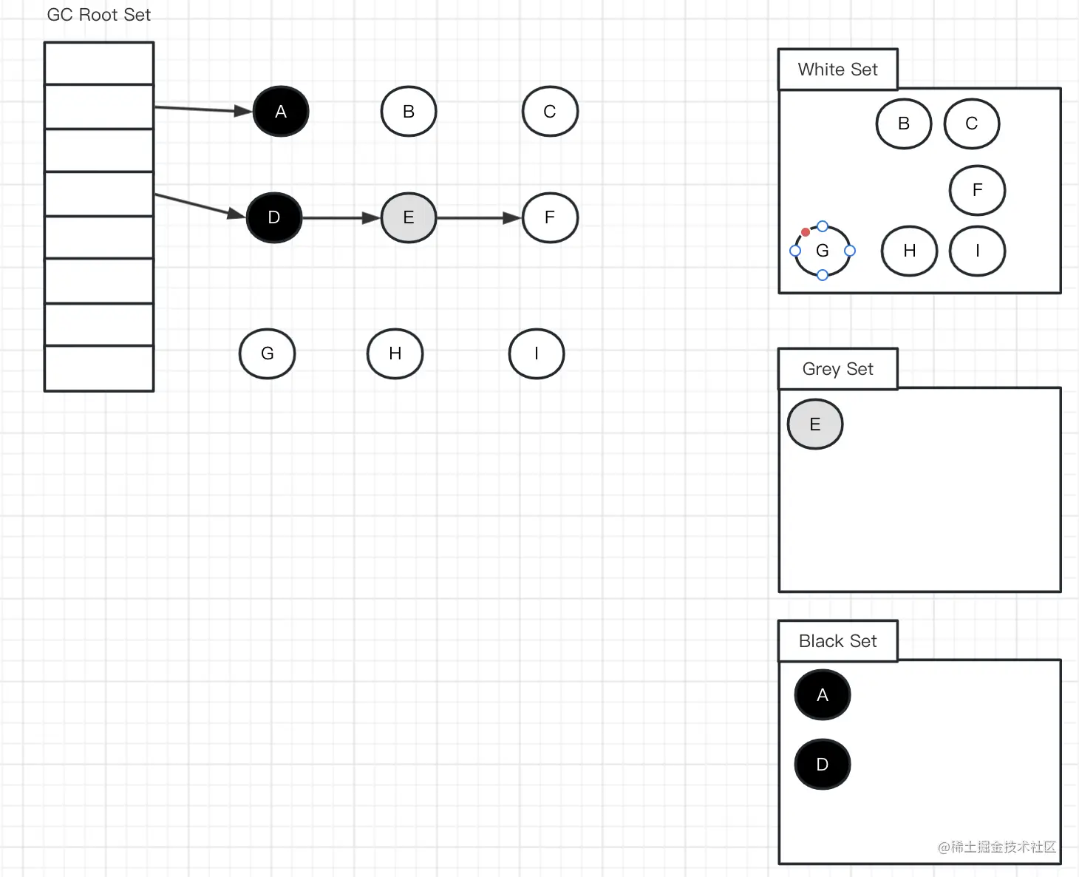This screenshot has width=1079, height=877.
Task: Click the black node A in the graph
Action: (x=281, y=112)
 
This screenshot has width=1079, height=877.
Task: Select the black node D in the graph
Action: (x=274, y=217)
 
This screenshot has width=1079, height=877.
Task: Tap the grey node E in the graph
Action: (x=409, y=217)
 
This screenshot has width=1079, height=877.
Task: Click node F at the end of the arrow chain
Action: (x=550, y=217)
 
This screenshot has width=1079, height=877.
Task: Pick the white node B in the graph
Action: (x=409, y=112)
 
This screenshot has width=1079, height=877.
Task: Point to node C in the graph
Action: (x=550, y=112)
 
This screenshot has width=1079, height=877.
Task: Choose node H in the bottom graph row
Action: (x=395, y=353)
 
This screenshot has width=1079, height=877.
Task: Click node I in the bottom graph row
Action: (x=537, y=353)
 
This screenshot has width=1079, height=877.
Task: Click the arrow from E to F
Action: (x=479, y=218)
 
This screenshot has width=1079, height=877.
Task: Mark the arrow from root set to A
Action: (x=203, y=109)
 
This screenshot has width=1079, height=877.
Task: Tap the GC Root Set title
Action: (x=99, y=15)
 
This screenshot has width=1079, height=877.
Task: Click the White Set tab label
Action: (x=838, y=70)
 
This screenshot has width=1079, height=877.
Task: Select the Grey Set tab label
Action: (x=838, y=369)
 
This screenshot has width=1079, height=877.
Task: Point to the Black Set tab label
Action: (x=838, y=641)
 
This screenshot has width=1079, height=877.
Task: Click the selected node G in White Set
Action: (x=823, y=251)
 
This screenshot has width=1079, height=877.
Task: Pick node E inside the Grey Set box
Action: (x=815, y=424)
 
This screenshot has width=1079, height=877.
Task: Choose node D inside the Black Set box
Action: (x=823, y=765)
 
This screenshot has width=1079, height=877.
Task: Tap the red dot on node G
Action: (x=806, y=232)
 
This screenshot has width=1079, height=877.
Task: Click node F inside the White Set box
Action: (x=977, y=191)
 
